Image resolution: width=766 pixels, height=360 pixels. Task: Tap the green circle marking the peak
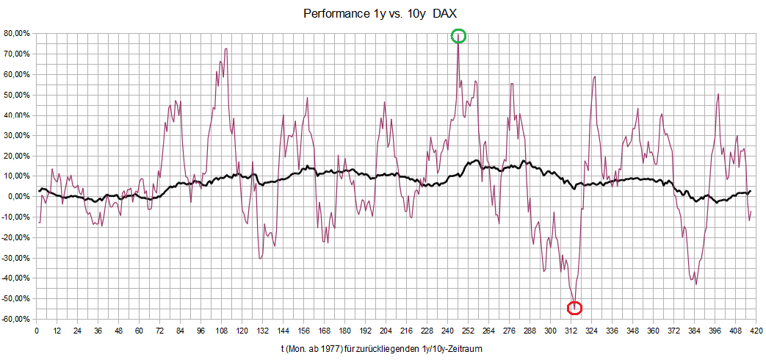point(458,35)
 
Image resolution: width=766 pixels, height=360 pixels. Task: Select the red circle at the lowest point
point(575,307)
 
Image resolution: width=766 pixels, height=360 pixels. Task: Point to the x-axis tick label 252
point(468,331)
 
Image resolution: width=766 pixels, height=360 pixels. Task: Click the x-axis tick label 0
point(37,331)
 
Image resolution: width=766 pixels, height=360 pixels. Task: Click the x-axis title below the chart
point(381,348)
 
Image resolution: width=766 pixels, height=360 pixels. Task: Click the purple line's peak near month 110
point(225,49)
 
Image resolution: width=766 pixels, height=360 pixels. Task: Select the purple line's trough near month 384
point(695,284)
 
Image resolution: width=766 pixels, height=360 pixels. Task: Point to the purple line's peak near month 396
point(718,94)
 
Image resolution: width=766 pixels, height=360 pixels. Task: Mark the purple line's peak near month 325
point(594,76)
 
